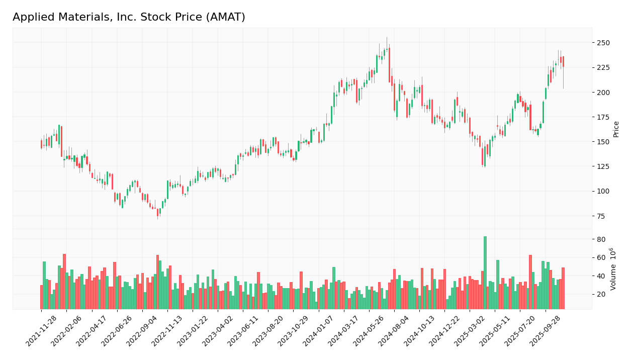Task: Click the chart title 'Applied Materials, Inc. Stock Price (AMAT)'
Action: point(129,18)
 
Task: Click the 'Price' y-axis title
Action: point(616,129)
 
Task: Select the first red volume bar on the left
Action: point(41,297)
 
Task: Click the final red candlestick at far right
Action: point(563,61)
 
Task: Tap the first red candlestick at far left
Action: point(41,144)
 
